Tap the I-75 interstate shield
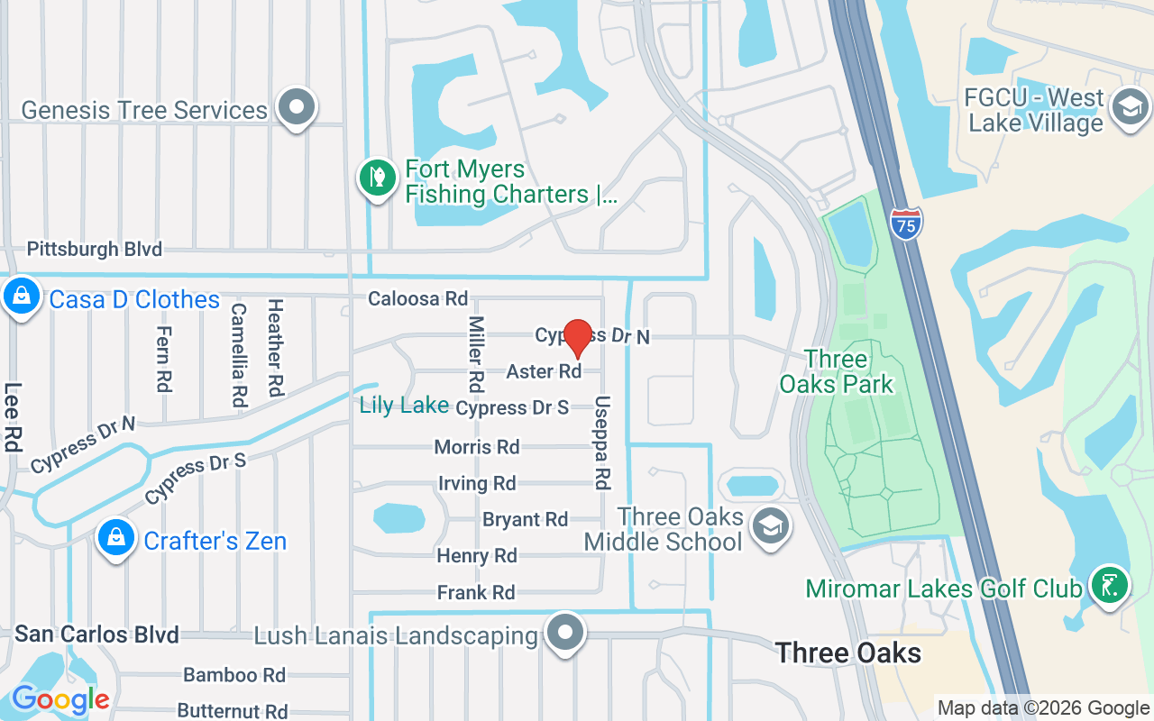(x=905, y=223)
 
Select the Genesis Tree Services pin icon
(x=296, y=107)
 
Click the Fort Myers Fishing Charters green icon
(x=378, y=178)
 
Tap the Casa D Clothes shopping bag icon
(x=20, y=297)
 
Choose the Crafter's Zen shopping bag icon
(x=116, y=538)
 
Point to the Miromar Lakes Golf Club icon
(x=1110, y=586)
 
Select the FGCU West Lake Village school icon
(x=1128, y=106)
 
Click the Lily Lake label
(x=404, y=406)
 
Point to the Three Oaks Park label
(x=837, y=371)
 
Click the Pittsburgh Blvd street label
(x=95, y=249)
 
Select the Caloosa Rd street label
(x=418, y=298)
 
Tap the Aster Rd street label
(x=544, y=371)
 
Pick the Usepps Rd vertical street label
(x=602, y=443)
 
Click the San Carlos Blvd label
(x=96, y=634)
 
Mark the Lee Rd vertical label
(x=12, y=417)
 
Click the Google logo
(x=60, y=699)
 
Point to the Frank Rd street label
(x=476, y=592)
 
